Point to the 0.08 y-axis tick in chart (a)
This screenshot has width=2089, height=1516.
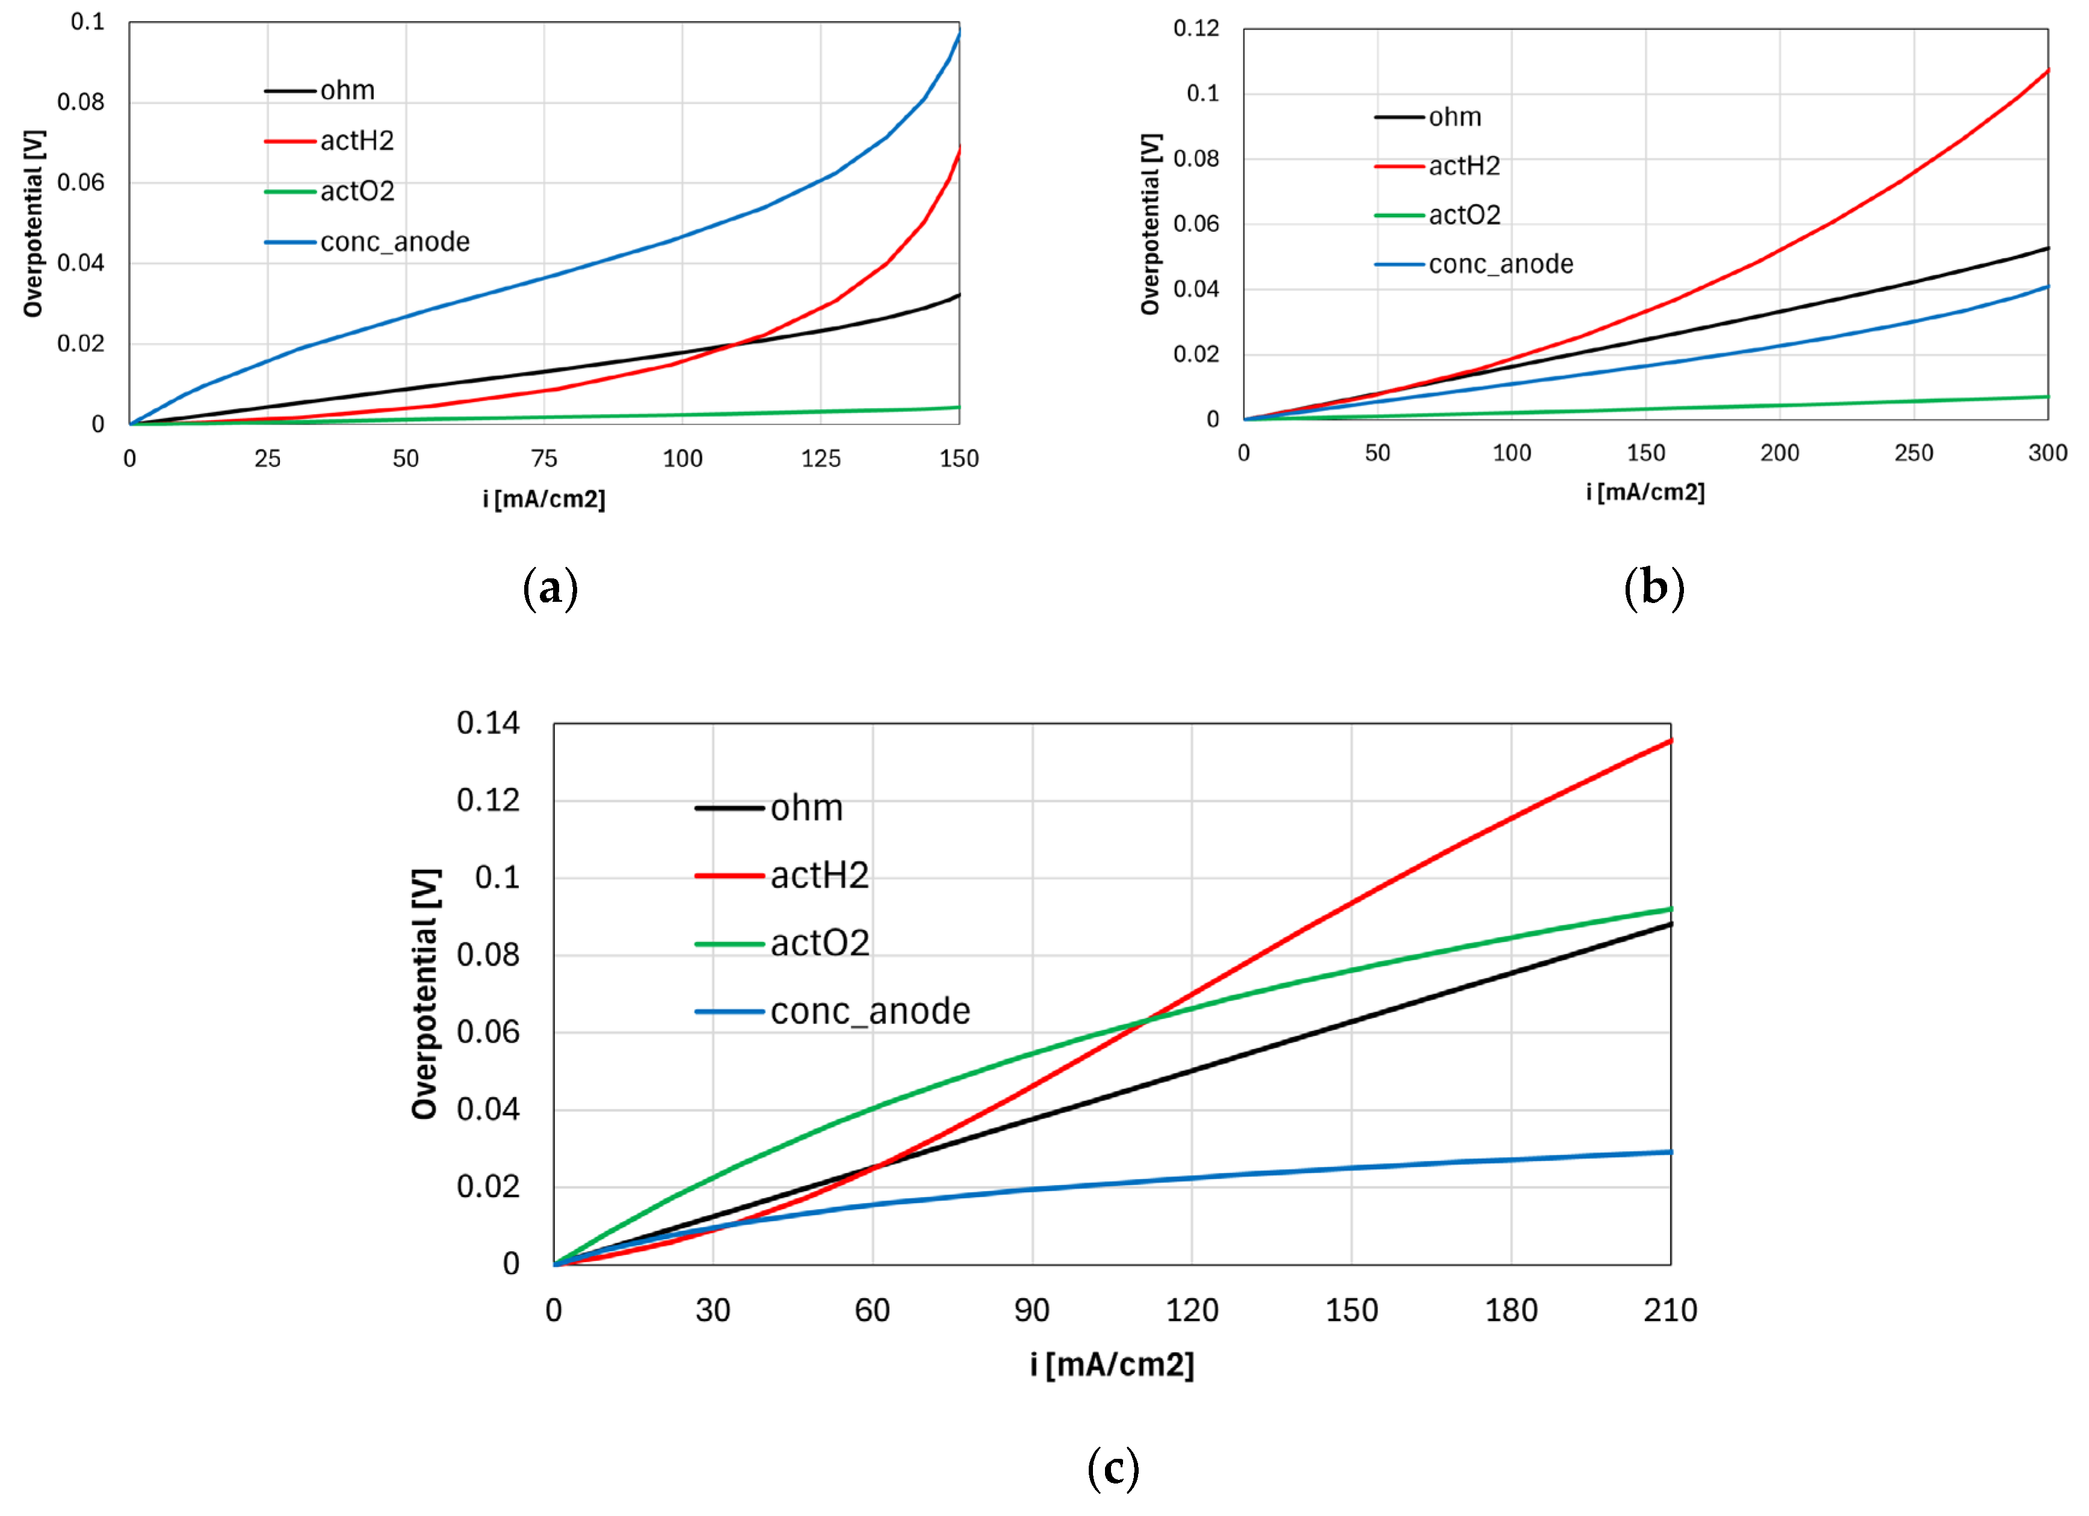click(x=81, y=102)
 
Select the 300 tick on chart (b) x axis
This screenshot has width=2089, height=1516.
click(x=2047, y=453)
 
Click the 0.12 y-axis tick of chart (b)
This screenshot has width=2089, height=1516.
click(x=1195, y=28)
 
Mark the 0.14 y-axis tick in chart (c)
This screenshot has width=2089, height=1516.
click(x=488, y=723)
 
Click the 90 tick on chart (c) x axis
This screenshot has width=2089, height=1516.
click(x=1032, y=1311)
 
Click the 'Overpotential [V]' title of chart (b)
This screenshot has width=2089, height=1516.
click(x=1150, y=224)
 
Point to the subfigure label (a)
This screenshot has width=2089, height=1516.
click(x=550, y=587)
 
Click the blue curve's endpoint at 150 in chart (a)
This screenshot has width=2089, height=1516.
click(x=959, y=34)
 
